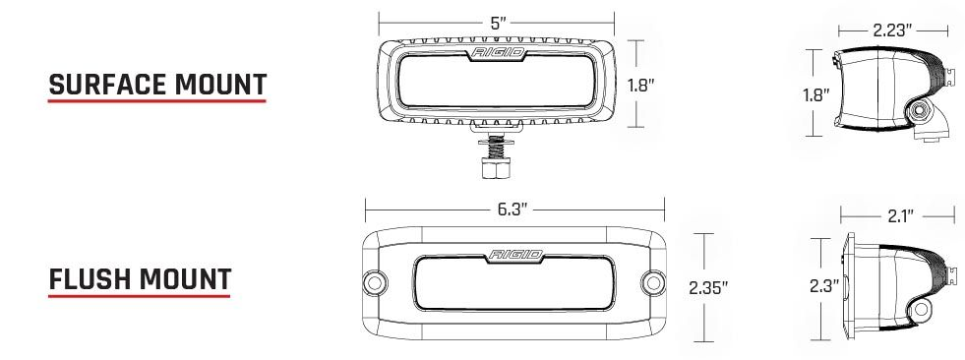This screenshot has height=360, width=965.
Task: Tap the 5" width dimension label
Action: tap(498, 24)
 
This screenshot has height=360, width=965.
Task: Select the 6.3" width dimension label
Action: tap(513, 210)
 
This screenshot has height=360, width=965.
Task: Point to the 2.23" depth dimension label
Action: tap(892, 30)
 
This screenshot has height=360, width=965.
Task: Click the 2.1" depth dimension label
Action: tap(900, 216)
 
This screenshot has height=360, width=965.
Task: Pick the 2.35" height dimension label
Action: tap(708, 287)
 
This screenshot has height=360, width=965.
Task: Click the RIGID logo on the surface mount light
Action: tap(499, 52)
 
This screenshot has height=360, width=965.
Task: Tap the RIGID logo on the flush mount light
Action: tap(515, 254)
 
